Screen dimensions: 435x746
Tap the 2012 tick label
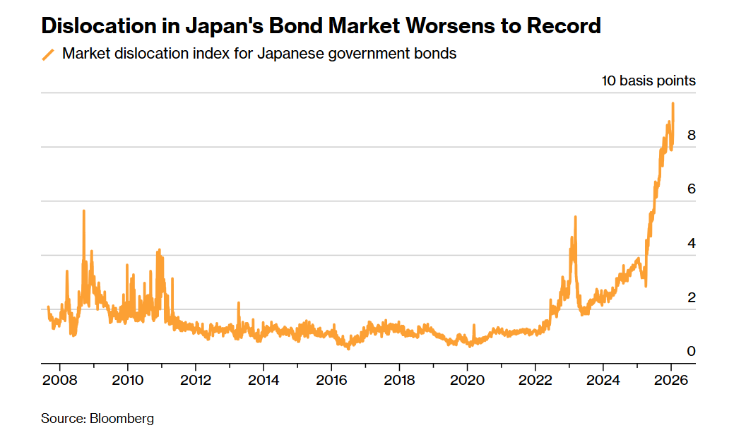click(196, 381)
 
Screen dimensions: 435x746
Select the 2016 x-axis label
click(331, 381)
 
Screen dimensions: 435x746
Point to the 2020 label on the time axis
click(467, 381)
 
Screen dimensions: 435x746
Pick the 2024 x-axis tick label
click(603, 381)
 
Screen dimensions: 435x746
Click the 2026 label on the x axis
click(670, 381)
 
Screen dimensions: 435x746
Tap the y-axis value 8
click(691, 135)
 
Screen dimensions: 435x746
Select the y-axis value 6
click(691, 189)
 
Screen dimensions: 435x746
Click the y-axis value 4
click(691, 244)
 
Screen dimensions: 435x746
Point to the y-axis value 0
click(691, 352)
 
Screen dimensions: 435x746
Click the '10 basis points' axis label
click(648, 81)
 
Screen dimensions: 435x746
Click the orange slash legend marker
click(48, 54)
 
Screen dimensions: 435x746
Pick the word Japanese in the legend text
click(287, 54)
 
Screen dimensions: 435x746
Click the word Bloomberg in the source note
click(122, 419)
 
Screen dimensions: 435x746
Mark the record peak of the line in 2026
click(673, 103)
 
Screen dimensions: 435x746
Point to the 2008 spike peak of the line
click(84, 210)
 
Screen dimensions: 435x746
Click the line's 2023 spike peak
click(576, 217)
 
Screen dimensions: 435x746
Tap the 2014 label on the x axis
click(264, 381)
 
